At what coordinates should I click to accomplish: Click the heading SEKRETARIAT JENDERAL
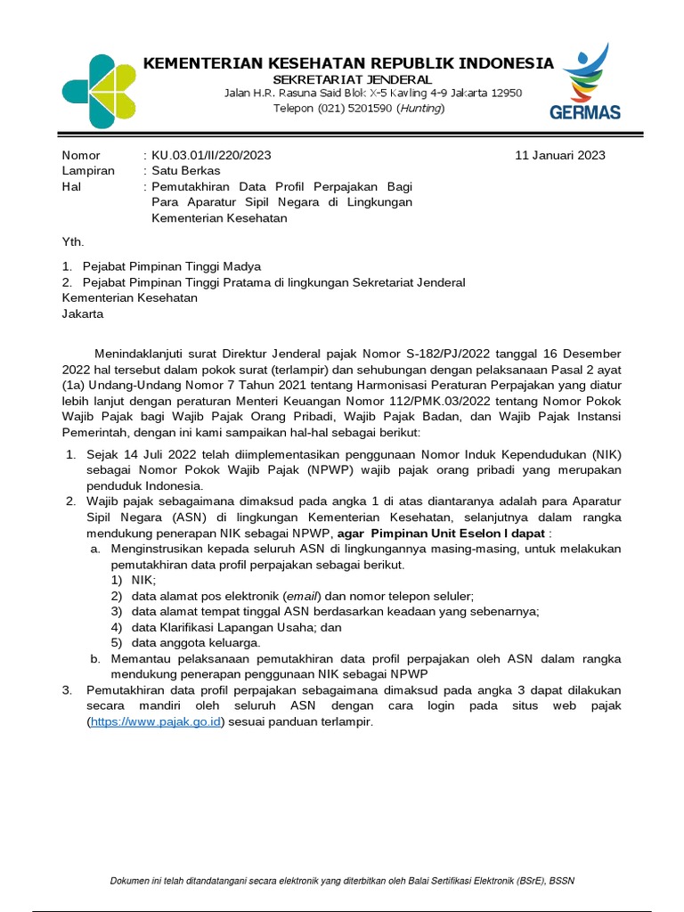coord(352,79)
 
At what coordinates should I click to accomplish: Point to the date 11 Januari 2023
coord(560,155)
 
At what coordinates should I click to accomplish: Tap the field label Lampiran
coord(88,171)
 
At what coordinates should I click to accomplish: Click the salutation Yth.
coord(72,241)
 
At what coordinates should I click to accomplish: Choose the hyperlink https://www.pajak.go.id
coord(155,722)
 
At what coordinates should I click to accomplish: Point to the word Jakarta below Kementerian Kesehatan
coord(83,313)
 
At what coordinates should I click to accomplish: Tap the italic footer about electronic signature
coord(342,881)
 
